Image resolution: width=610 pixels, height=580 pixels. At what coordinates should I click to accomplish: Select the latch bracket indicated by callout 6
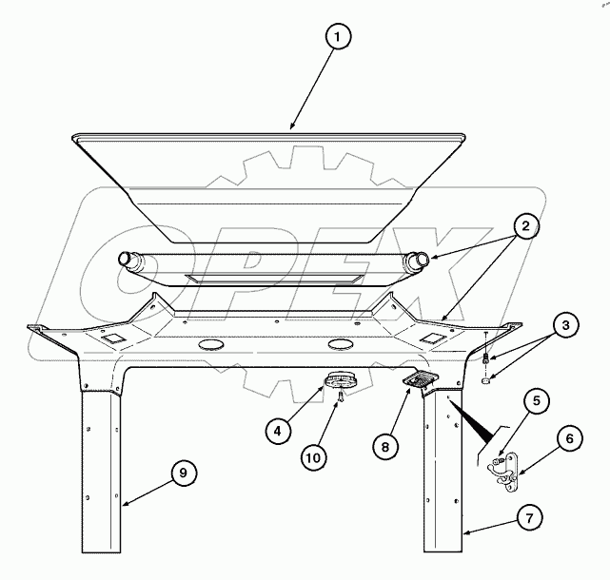(502, 471)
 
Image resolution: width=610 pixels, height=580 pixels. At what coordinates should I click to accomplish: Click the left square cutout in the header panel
(111, 338)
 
